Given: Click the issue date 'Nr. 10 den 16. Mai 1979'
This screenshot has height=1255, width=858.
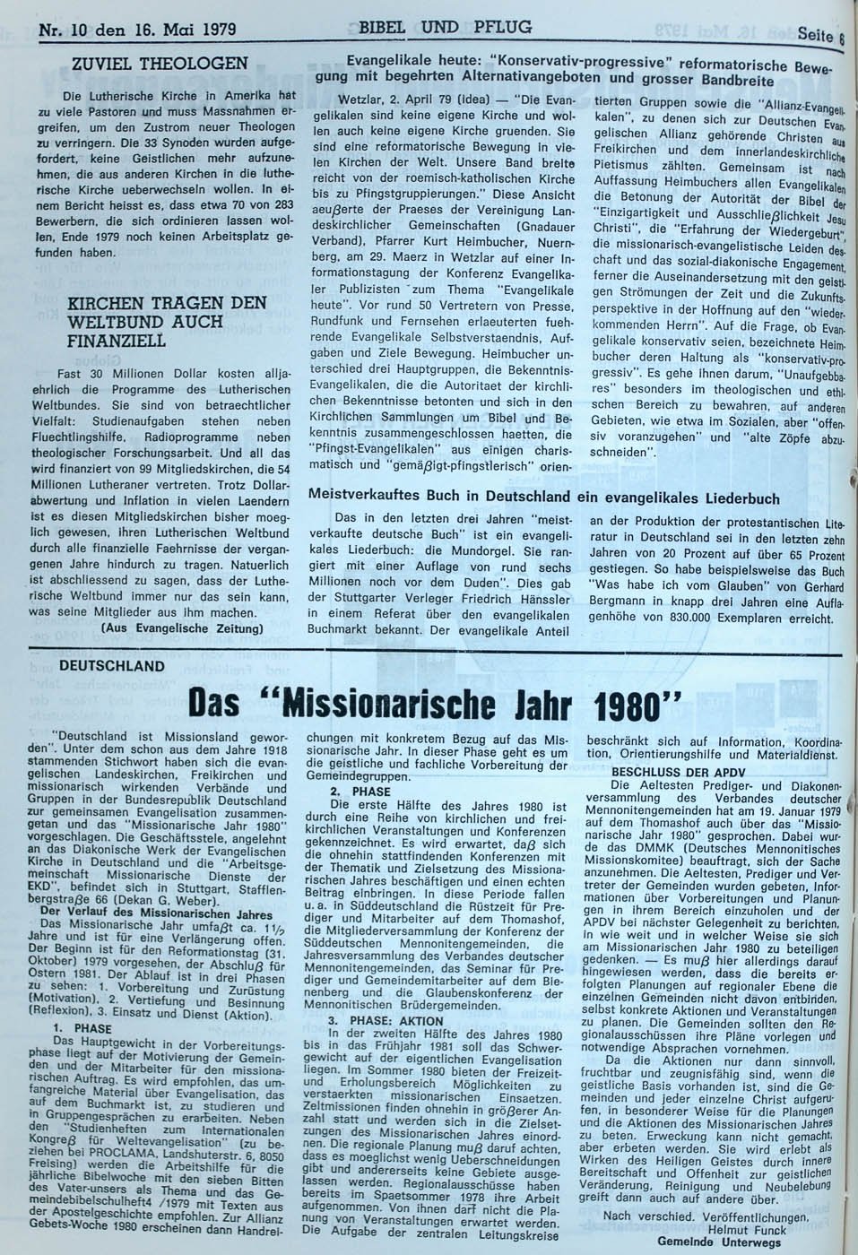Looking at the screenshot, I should tap(137, 29).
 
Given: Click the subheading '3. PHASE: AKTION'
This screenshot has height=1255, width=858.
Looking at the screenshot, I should tap(386, 1020).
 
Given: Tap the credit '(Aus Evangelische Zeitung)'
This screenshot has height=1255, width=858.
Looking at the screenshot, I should tap(183, 627).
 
